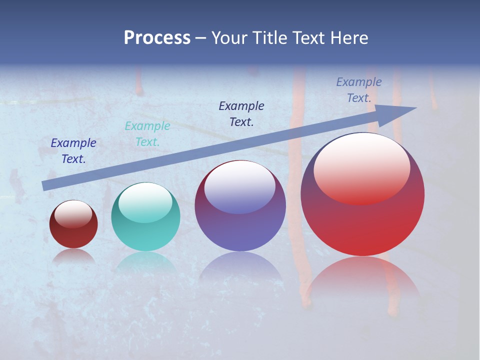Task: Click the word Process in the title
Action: pos(157,38)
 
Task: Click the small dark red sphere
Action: pos(73,230)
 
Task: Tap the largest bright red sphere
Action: pos(362,220)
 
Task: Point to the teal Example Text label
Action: pos(147,134)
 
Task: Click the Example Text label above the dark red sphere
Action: pos(73,151)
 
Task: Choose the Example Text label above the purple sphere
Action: pos(241,113)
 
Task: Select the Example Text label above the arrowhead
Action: pos(359,90)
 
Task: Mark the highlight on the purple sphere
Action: pos(239,186)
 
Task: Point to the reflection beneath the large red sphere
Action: pos(362,280)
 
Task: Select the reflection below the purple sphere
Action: pos(240,267)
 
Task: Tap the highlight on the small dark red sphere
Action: pos(73,214)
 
